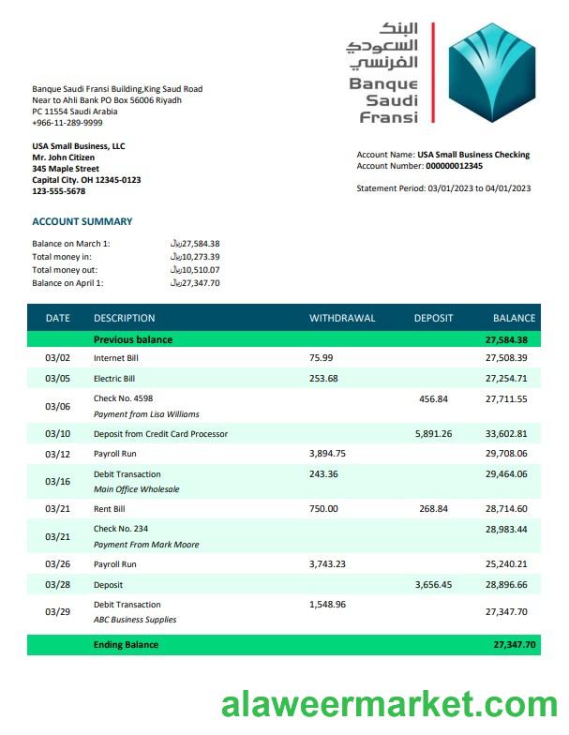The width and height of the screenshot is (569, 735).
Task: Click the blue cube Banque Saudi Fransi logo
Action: coord(493,72)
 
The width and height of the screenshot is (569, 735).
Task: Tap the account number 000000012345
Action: coord(454,166)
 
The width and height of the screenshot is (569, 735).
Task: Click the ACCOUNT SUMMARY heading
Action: coord(82,222)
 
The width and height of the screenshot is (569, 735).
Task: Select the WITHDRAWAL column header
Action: coord(342,318)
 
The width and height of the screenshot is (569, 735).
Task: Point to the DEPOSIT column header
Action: coord(433,318)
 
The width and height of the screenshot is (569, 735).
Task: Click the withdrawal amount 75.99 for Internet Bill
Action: coord(322,358)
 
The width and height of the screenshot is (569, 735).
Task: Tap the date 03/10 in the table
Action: coord(57,434)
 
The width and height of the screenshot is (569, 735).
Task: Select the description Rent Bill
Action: coord(110,509)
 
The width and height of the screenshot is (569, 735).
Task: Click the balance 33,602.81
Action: coord(506,434)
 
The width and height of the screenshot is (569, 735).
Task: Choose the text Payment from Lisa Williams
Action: coord(146,414)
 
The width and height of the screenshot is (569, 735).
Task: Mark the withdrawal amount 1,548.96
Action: coord(327,605)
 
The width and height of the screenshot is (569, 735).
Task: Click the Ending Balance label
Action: coord(126,645)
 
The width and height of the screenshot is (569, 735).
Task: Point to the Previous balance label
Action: coord(133,339)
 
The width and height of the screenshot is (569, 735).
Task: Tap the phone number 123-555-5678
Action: coord(59,191)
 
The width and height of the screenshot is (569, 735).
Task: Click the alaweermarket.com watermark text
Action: coord(389,704)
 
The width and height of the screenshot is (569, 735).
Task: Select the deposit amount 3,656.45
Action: coord(433,584)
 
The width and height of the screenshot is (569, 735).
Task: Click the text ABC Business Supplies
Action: coord(135,620)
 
